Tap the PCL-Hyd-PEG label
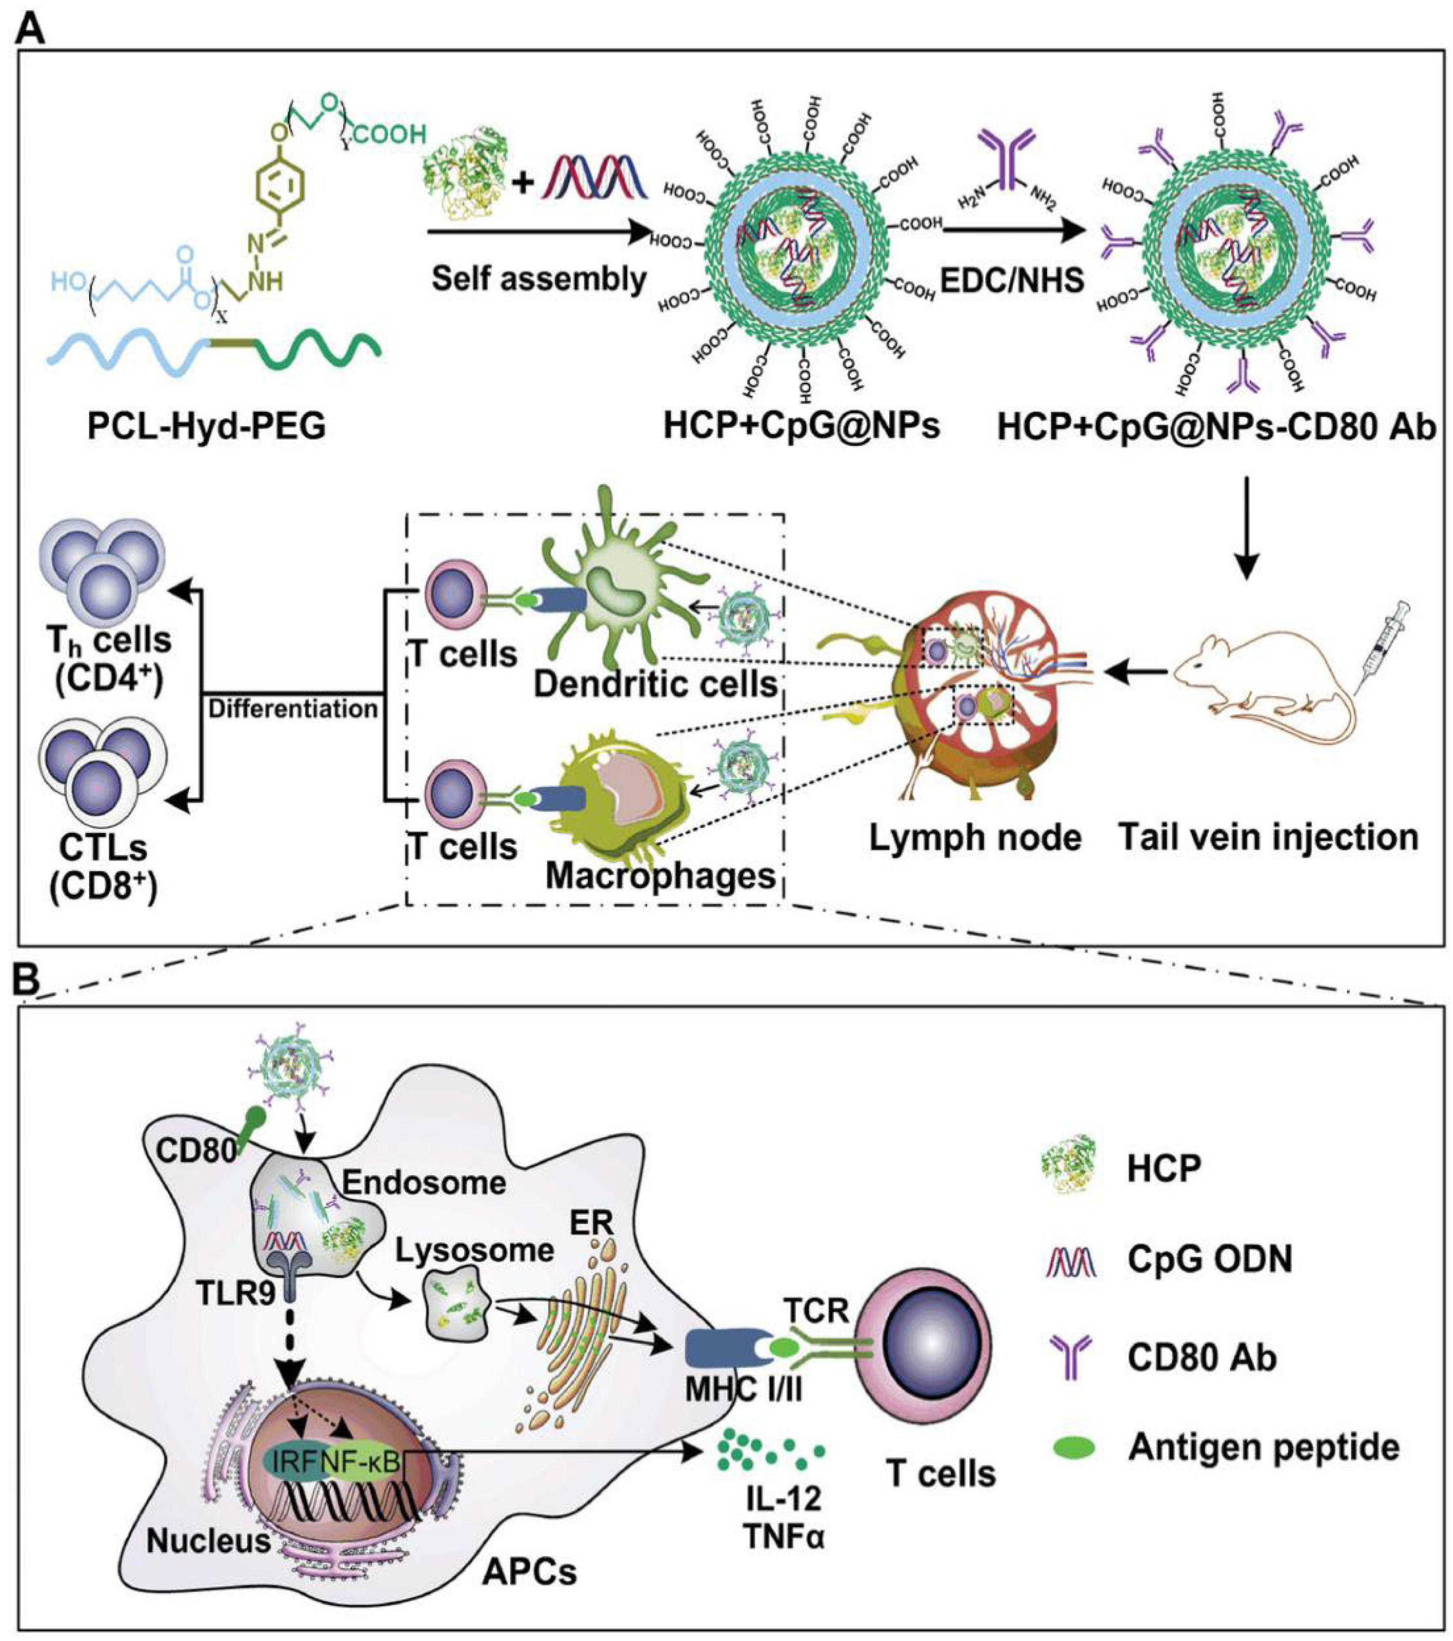click(x=207, y=426)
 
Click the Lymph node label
click(x=974, y=837)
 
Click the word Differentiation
click(x=293, y=709)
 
